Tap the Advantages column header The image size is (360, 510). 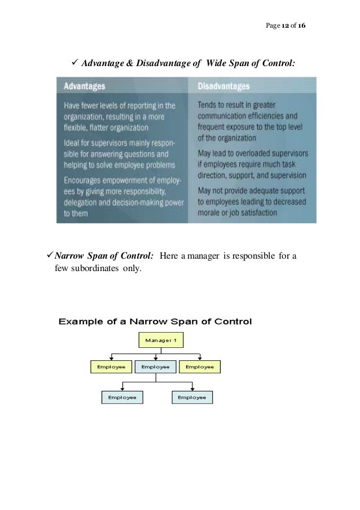84,87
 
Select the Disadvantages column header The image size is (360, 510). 224,87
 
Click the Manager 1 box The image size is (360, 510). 161,340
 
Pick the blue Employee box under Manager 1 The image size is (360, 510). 155,367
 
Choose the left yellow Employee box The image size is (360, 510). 111,367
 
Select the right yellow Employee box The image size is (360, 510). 200,367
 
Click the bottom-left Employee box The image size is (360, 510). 122,398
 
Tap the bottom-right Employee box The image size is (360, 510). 192,398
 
